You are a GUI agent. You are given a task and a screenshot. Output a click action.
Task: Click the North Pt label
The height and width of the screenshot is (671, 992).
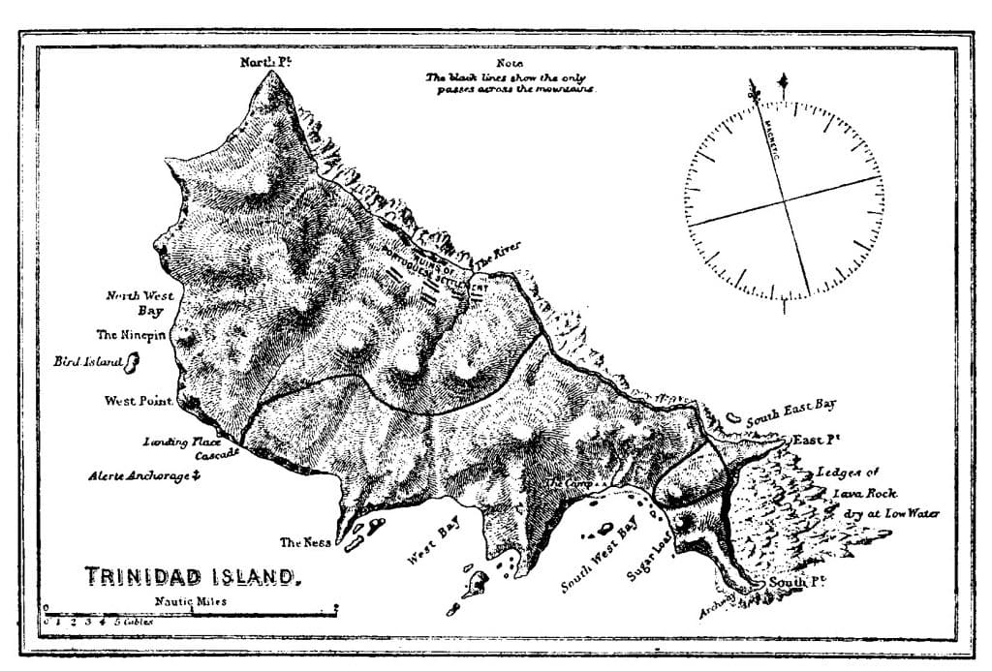click(x=266, y=63)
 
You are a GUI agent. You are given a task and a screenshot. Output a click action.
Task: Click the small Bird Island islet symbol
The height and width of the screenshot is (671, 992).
click(x=132, y=363)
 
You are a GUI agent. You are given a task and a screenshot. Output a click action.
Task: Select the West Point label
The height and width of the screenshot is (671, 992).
click(x=139, y=400)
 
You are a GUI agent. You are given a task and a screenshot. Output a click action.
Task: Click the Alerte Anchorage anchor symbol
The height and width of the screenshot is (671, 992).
click(x=195, y=475)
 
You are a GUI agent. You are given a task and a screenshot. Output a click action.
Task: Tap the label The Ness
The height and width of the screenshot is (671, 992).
click(x=305, y=542)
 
